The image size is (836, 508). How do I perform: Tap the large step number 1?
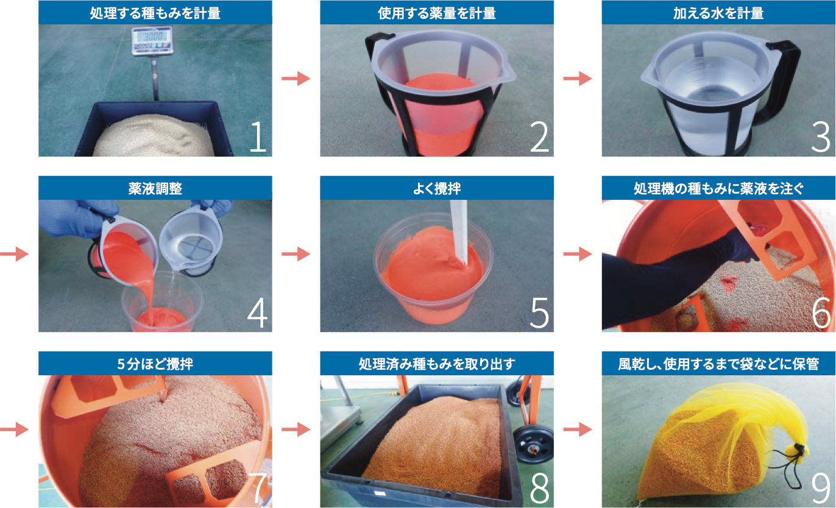point(258,137)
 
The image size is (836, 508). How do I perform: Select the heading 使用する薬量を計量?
point(437,13)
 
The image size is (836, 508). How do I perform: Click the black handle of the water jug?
point(782,81)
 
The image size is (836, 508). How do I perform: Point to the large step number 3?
point(820,137)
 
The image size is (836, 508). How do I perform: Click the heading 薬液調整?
point(155,188)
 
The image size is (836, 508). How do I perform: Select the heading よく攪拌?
point(437,188)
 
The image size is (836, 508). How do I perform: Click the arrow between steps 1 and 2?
point(296,79)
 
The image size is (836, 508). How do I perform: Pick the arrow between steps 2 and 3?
point(578,79)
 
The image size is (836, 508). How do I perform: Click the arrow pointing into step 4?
point(14,254)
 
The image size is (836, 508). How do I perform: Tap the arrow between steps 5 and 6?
point(578,254)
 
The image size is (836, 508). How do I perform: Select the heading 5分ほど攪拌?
point(155,364)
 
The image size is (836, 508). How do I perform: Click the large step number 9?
point(820,488)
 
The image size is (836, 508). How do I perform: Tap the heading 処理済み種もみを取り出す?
point(437,364)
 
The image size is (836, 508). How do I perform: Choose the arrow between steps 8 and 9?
point(578,429)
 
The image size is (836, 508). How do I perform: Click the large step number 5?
point(539,312)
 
